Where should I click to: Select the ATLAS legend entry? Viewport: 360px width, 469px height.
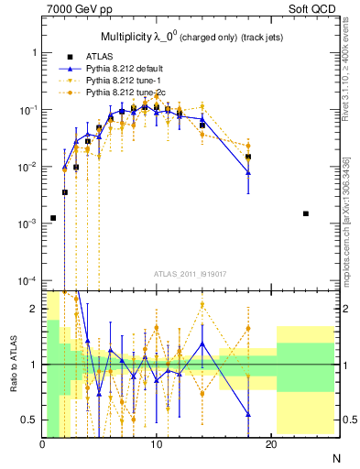[113, 57]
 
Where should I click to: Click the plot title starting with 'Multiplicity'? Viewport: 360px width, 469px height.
[189, 38]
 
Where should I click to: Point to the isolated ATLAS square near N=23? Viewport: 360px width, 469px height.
[305, 213]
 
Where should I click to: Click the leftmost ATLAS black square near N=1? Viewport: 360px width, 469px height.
[53, 218]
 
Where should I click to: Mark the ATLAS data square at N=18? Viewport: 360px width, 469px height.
[248, 157]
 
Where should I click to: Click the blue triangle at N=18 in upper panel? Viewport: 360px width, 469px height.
[248, 172]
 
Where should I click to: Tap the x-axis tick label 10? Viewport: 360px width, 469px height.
[157, 444]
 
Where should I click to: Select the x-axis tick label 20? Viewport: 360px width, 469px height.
[270, 444]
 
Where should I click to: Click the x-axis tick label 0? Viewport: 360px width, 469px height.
[43, 444]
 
